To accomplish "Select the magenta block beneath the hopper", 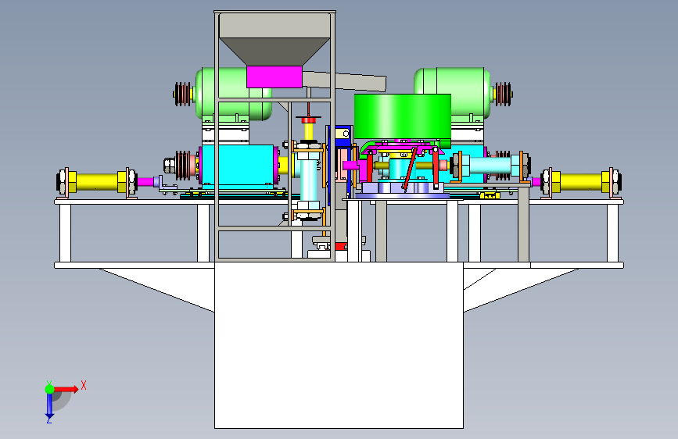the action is (x=274, y=77).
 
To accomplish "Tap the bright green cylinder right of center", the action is (x=402, y=116).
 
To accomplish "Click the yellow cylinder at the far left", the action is (x=97, y=182).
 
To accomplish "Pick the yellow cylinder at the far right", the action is (x=582, y=182).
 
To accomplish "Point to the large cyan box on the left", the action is (x=238, y=166).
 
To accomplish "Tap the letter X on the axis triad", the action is (x=84, y=385).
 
